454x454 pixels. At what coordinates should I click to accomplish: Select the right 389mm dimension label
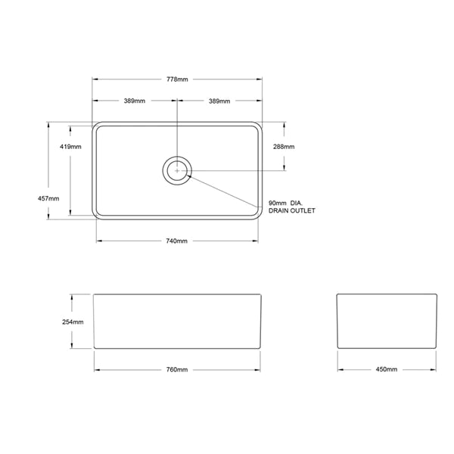coord(219,101)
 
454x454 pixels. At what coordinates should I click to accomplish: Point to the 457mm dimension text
coord(48,197)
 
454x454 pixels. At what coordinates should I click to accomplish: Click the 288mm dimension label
coord(284,146)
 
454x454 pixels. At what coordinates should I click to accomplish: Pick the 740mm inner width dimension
coord(176,241)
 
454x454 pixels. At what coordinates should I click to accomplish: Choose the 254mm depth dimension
coord(61,322)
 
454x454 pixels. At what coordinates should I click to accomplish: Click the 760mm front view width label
coord(176,369)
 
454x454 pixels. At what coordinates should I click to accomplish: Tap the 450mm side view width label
coord(386,369)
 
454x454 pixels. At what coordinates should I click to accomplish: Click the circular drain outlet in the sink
coord(177,170)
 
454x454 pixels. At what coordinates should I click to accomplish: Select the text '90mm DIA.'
coord(285,203)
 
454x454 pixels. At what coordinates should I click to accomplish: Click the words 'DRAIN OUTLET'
coord(291,212)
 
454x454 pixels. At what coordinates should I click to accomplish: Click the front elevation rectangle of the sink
coord(178,321)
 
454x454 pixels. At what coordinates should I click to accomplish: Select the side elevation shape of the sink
coord(386,321)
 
